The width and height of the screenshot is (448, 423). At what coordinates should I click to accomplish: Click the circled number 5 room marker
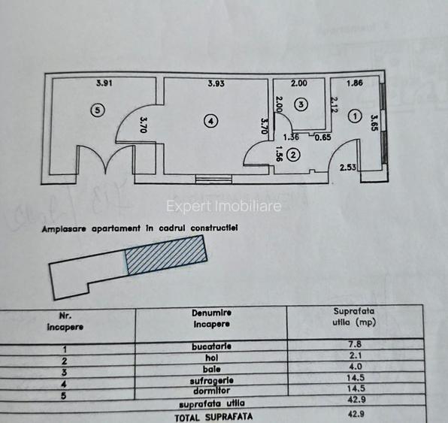point(98,110)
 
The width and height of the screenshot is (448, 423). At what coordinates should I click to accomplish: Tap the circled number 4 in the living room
point(211,122)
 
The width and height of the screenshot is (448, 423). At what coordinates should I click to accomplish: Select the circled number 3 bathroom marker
point(301,104)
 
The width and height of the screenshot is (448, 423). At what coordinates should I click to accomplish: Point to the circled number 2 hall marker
point(293,155)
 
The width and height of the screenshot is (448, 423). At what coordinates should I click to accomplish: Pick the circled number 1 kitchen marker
point(355,116)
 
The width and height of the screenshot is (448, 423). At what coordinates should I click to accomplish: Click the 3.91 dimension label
point(104,83)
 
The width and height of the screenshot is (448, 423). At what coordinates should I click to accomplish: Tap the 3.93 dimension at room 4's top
point(216,83)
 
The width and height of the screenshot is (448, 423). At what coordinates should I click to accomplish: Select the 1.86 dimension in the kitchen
point(355,83)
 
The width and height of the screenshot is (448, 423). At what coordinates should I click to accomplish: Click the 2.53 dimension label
point(348,168)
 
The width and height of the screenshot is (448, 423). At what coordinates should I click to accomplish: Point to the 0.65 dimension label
point(323,137)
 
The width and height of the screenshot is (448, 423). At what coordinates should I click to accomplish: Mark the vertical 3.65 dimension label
point(374,122)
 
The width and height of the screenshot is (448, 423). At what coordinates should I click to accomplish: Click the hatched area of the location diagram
point(165,255)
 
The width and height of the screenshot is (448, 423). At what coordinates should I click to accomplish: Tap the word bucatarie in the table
point(211,346)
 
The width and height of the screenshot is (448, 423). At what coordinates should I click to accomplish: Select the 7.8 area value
point(355,344)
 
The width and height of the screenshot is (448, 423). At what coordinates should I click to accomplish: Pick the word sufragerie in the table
point(212,380)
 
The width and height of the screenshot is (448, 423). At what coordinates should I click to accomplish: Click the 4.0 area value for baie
point(355,367)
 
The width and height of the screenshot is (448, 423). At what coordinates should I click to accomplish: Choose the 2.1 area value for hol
point(355,355)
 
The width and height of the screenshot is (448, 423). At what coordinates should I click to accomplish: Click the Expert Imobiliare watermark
point(224,206)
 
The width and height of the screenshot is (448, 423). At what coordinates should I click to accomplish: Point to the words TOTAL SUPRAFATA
point(213,417)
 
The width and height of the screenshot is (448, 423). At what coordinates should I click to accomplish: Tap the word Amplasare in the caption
point(64,229)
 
